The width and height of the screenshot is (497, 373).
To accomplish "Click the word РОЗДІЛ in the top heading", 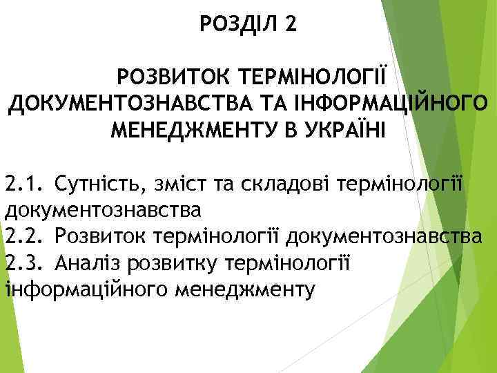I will pyautogui.click(x=237, y=25).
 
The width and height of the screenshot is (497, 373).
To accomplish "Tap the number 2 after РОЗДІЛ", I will pyautogui.click(x=290, y=25).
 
